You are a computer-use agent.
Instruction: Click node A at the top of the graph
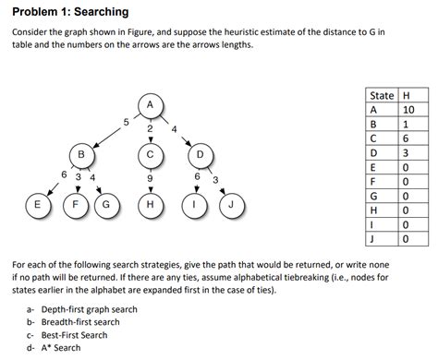150,104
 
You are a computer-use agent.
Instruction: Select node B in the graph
81,153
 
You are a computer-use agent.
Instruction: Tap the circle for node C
150,153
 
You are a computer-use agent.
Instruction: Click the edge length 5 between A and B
126,120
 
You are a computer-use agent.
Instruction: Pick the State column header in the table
381,96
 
